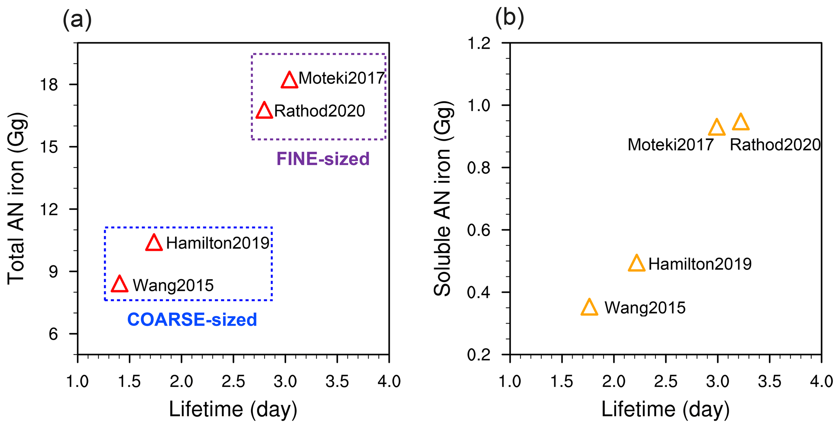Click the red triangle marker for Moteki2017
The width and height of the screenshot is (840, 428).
(289, 80)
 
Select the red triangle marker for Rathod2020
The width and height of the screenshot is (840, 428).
(264, 111)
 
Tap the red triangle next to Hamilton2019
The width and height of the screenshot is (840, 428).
(154, 243)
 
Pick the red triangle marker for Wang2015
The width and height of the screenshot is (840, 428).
(119, 285)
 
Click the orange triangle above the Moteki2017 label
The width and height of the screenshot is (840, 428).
(716, 128)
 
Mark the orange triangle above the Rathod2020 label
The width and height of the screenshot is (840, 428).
(740, 122)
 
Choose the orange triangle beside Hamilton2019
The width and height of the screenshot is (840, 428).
(636, 264)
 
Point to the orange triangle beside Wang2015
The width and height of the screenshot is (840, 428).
(589, 308)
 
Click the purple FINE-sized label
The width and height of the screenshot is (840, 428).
(323, 159)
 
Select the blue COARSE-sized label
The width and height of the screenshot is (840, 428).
(192, 320)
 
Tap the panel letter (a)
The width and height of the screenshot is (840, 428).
(77, 20)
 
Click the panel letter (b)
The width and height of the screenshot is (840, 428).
(509, 18)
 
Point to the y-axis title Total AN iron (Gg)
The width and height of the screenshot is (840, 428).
(17, 198)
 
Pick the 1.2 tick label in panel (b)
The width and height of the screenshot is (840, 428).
(480, 43)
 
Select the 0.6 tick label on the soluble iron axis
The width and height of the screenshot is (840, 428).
(480, 230)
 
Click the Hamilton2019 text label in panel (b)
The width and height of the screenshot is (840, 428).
(700, 264)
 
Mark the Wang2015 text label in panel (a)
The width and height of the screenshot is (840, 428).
(173, 285)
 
